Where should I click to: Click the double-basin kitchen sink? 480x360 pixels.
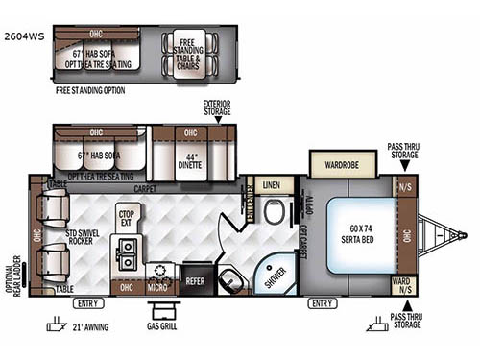(126, 252)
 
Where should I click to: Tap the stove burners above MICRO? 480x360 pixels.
(158, 270)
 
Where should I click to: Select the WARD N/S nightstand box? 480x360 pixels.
(404, 284)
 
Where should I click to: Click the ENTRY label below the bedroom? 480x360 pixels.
(321, 304)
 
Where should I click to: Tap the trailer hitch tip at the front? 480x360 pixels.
(463, 234)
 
